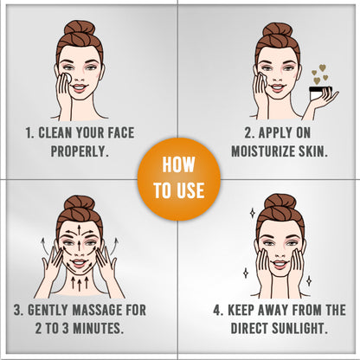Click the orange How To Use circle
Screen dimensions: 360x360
[179, 179]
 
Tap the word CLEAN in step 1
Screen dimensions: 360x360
[55, 132]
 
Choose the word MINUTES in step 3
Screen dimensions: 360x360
[99, 328]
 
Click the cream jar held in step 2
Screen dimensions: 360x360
[320, 93]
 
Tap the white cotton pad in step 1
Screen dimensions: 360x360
[67, 77]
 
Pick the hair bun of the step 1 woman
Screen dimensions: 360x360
[80, 29]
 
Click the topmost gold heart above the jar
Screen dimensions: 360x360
[323, 67]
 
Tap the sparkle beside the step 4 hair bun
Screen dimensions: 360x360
[253, 213]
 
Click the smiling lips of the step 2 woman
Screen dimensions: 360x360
[277, 87]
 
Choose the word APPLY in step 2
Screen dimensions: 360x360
[272, 132]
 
